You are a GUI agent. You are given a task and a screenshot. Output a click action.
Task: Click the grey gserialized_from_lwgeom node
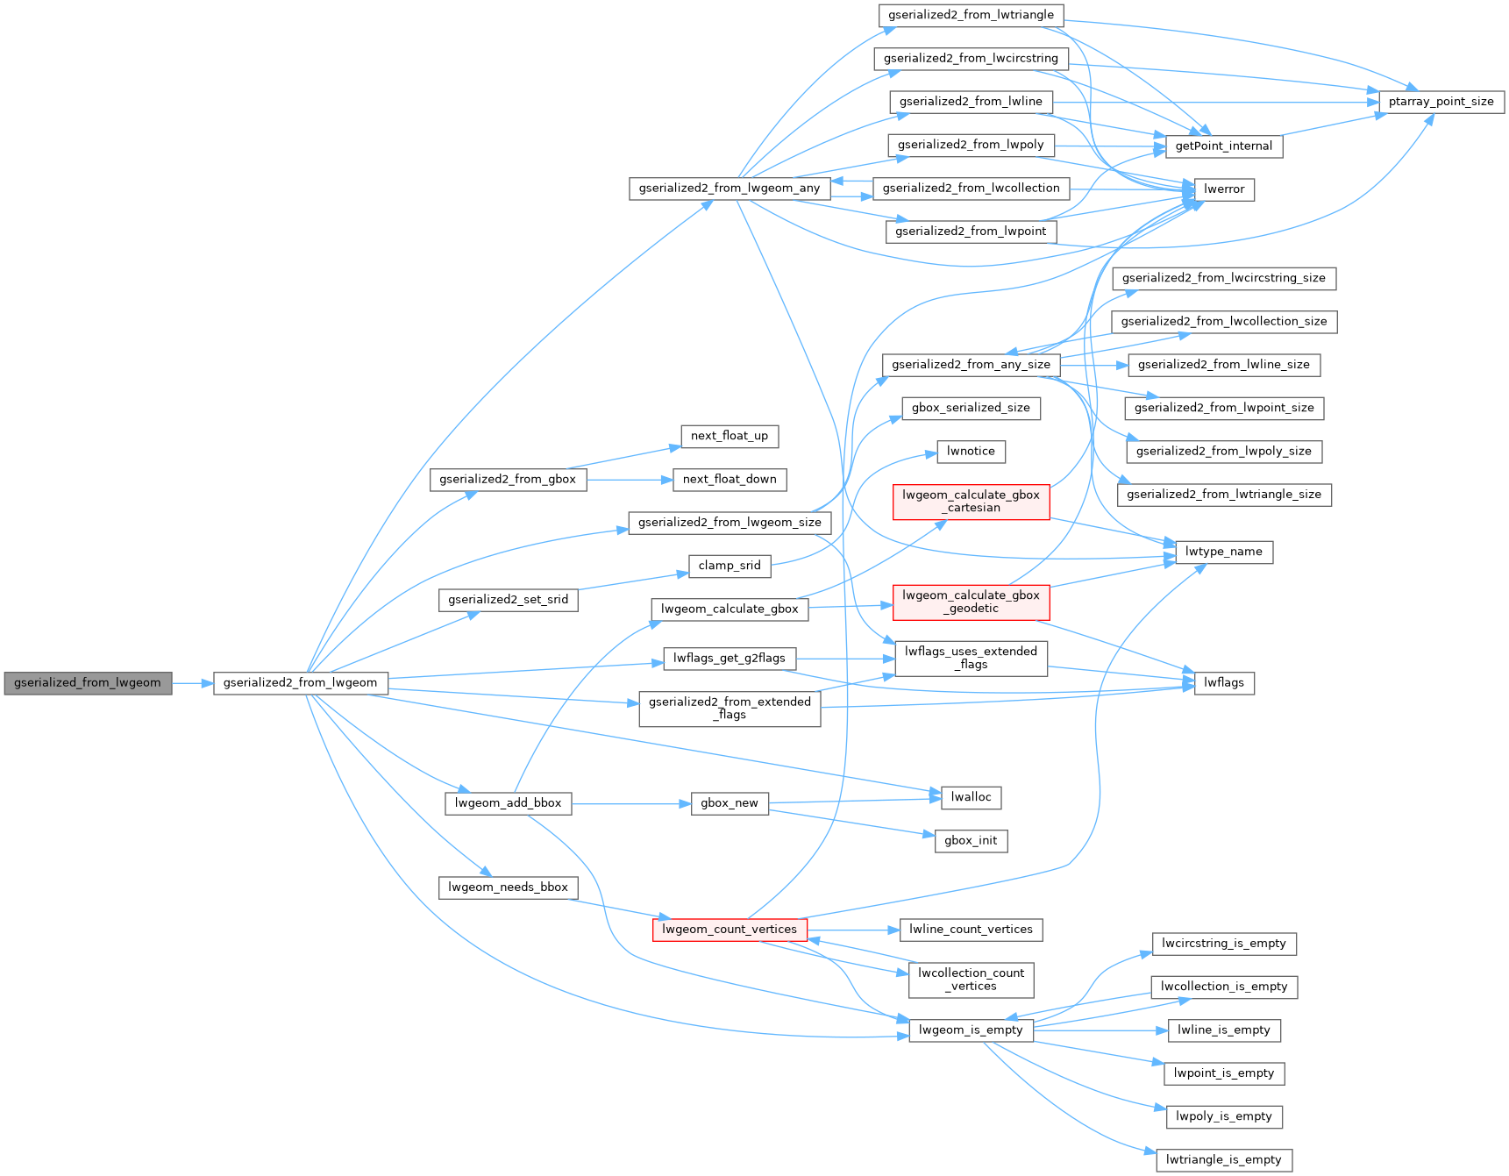click(88, 683)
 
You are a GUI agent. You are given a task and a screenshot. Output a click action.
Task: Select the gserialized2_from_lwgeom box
click(300, 683)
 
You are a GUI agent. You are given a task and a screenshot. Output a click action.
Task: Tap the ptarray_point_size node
click(1441, 102)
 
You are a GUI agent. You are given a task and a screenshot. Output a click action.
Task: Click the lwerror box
click(1224, 189)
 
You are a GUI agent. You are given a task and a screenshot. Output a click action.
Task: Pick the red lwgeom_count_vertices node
click(730, 930)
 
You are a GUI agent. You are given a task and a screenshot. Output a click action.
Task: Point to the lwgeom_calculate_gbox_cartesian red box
click(971, 502)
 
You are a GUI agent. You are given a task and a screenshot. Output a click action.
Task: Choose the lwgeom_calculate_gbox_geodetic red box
click(971, 602)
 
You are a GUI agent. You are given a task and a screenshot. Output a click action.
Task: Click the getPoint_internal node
click(1224, 146)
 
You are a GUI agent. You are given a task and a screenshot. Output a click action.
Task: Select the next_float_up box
click(730, 436)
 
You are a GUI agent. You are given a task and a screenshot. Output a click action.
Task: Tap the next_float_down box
click(730, 480)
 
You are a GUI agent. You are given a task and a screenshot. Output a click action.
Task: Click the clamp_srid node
click(730, 566)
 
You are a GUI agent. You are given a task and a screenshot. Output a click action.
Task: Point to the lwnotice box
click(971, 452)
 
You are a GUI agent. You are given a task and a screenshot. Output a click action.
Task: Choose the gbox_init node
click(971, 841)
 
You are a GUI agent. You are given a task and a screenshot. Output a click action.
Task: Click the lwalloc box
click(971, 797)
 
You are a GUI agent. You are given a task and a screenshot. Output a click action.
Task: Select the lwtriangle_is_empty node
click(1224, 1160)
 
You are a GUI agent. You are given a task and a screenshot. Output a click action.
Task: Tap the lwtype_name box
click(1224, 552)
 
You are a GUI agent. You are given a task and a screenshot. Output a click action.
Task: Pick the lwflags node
click(1224, 683)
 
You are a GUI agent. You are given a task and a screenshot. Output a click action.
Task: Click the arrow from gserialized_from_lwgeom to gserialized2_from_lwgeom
click(193, 683)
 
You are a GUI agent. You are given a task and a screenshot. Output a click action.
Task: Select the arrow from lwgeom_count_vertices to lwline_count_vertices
click(853, 930)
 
